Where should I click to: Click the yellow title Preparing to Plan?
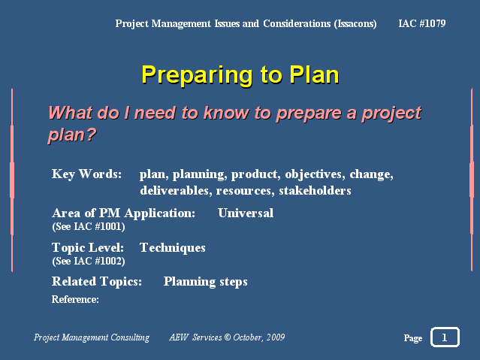(x=240, y=75)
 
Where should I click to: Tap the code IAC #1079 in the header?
(x=422, y=23)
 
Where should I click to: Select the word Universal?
(x=246, y=213)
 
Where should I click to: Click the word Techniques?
(x=173, y=248)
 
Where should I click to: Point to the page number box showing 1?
(x=445, y=337)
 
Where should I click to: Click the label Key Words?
(x=86, y=174)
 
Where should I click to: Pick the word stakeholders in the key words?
(x=315, y=191)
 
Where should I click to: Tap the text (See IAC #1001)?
(x=89, y=227)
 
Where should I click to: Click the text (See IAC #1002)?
(x=89, y=261)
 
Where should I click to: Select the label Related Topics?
(x=97, y=282)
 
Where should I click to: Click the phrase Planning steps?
(x=205, y=282)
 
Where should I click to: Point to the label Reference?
(x=75, y=299)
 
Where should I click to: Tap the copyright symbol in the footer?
(x=228, y=337)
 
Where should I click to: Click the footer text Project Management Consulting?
(x=92, y=337)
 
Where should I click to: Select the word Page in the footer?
(x=413, y=338)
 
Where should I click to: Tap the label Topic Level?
(x=88, y=248)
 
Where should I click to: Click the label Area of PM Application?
(x=123, y=213)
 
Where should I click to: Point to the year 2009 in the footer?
(x=276, y=337)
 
